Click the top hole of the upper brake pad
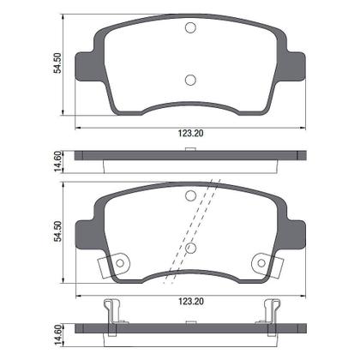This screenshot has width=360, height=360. (x=190, y=27)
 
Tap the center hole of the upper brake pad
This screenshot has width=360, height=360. (x=190, y=81)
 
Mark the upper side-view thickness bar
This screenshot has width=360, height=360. (x=190, y=157)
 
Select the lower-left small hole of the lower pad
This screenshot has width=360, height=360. (x=121, y=263)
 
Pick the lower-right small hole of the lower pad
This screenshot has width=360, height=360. (x=260, y=263)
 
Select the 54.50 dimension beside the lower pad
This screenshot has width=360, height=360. (x=58, y=233)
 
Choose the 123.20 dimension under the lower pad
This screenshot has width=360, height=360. (x=190, y=303)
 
